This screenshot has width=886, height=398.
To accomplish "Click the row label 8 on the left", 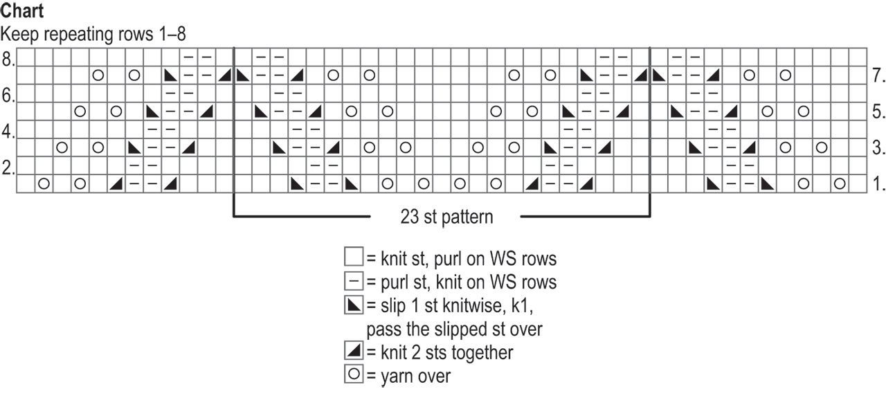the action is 8,60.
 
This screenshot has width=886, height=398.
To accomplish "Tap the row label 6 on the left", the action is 8,96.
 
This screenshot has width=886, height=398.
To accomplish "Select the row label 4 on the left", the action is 8,132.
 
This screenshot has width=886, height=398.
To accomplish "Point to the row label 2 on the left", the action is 8,168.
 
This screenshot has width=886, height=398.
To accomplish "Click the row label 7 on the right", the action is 877,75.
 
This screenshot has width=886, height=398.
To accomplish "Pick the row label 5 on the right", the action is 877,111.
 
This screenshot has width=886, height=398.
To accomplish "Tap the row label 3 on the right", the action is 877,147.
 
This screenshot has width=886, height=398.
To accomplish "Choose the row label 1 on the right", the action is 877,183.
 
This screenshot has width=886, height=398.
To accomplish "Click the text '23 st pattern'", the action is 446,217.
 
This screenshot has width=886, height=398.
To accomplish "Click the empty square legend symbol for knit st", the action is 353,258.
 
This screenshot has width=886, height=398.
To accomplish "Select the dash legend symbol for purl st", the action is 353,282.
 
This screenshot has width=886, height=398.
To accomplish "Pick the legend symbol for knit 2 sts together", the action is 353,352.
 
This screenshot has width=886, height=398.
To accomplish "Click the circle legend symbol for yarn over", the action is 353,375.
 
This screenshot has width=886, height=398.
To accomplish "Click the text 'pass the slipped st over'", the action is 454,329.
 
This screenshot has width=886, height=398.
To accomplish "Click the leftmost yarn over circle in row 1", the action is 44,183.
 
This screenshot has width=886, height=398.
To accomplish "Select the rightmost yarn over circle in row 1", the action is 840,183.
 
